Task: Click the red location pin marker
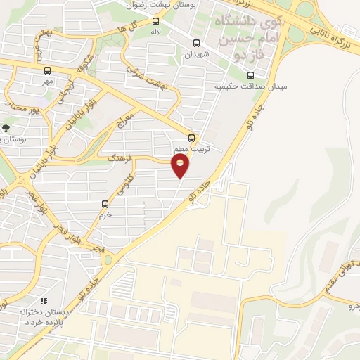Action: point(181,166)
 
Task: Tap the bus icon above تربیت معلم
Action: point(191,138)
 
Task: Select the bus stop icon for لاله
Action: point(155,20)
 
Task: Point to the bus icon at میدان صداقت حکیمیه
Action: point(252,75)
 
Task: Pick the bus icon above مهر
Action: point(47,70)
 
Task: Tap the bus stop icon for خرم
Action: point(105,205)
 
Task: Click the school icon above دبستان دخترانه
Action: point(44,301)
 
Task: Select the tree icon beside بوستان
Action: point(6,128)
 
